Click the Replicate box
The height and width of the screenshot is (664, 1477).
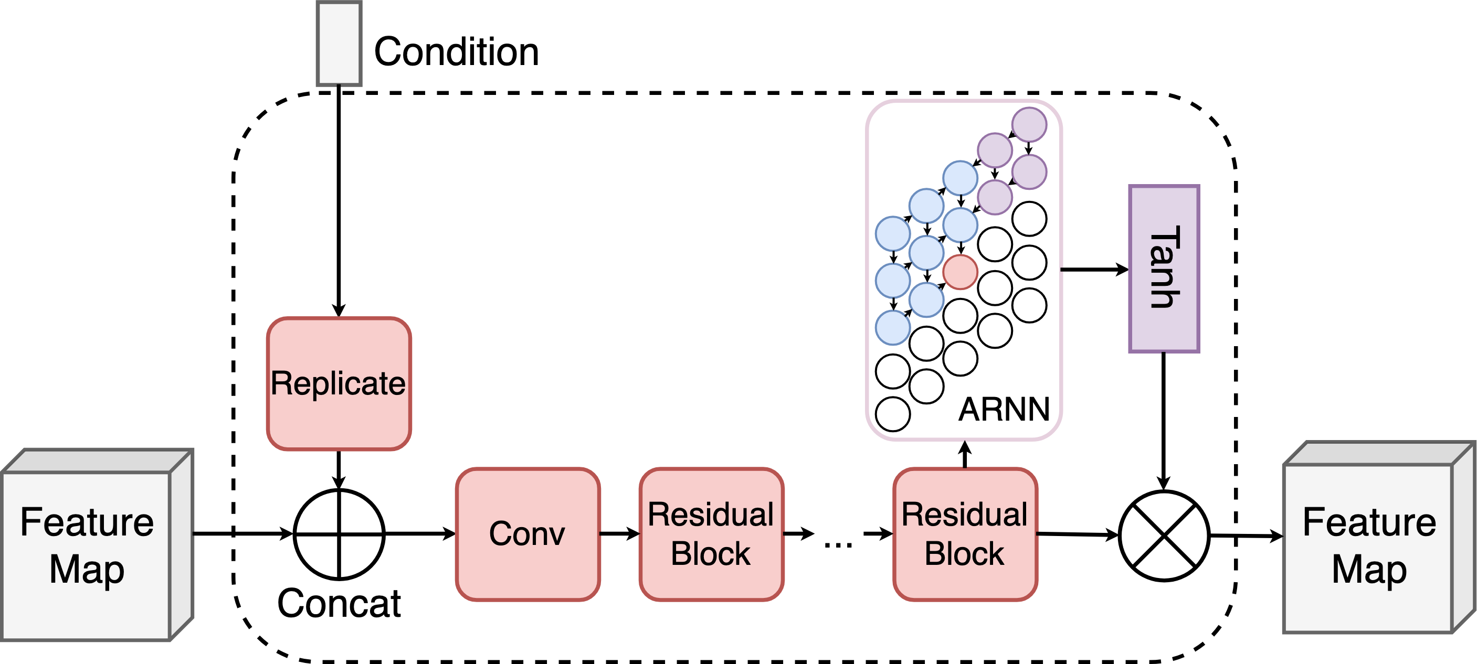click(339, 383)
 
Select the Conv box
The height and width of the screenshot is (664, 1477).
click(527, 534)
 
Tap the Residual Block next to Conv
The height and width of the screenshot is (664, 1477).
click(711, 534)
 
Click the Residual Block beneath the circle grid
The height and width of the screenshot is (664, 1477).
click(965, 534)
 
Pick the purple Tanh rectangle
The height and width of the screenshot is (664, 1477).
click(1164, 268)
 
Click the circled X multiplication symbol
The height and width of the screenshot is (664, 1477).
click(1164, 536)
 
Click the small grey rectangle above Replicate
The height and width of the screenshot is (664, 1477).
click(339, 44)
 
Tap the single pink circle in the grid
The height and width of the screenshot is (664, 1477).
click(961, 272)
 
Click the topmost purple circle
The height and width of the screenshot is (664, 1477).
click(1029, 124)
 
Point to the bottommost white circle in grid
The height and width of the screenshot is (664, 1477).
click(893, 414)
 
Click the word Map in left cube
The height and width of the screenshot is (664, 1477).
click(87, 570)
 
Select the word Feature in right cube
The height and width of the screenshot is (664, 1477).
click(1369, 522)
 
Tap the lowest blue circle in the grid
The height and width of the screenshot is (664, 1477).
click(893, 328)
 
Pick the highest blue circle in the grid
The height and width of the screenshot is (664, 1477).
click(961, 178)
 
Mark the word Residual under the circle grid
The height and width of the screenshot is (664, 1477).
click(965, 515)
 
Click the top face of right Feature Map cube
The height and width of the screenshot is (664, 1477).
click(1376, 453)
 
